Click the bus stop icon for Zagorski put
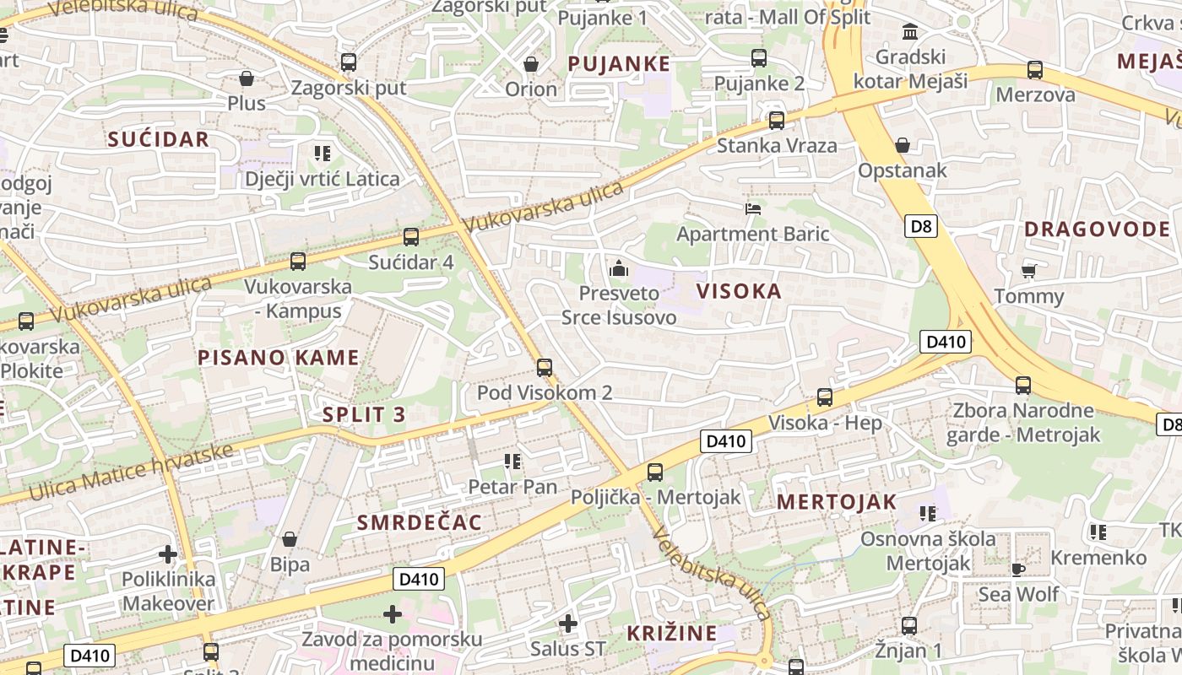pyautogui.click(x=348, y=62)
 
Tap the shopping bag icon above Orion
pyautogui.click(x=531, y=64)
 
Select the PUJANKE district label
pyautogui.click(x=619, y=64)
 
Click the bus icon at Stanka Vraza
pyautogui.click(x=776, y=120)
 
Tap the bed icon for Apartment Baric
pyautogui.click(x=753, y=208)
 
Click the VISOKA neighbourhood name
pyautogui.click(x=739, y=292)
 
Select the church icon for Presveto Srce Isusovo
pyautogui.click(x=619, y=269)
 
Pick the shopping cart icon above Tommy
pyautogui.click(x=1028, y=271)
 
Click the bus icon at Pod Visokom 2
pyautogui.click(x=545, y=368)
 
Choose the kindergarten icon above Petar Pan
pyautogui.click(x=512, y=462)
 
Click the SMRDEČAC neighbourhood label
pyautogui.click(x=419, y=523)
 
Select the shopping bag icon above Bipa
pyautogui.click(x=290, y=539)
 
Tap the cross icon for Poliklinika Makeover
pyautogui.click(x=168, y=554)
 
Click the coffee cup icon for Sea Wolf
pyautogui.click(x=1018, y=570)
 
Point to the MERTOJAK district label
pyautogui.click(x=837, y=502)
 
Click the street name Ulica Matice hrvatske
pyautogui.click(x=131, y=472)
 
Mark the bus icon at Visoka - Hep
pyautogui.click(x=825, y=397)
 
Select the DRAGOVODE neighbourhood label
pyautogui.click(x=1097, y=229)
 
